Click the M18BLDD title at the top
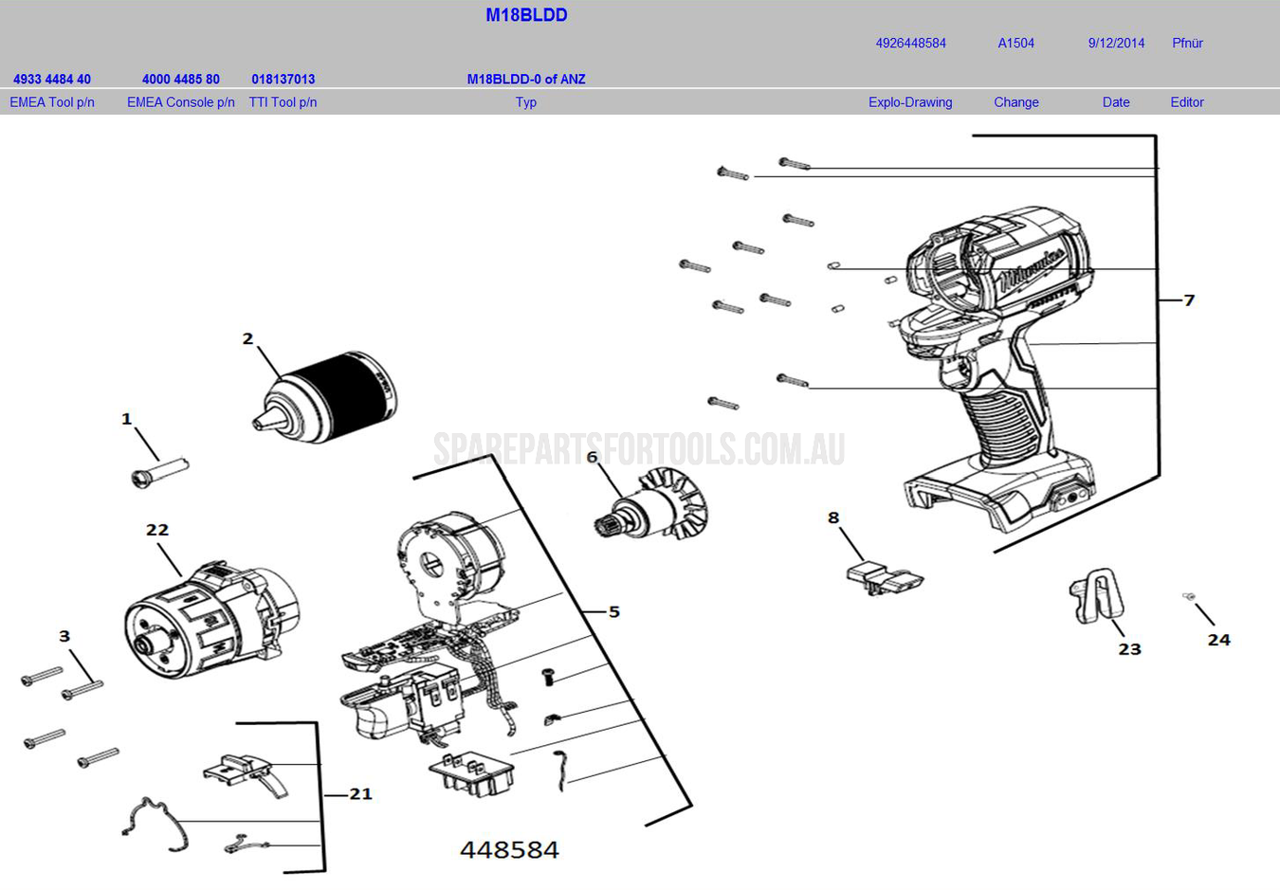[x=526, y=15]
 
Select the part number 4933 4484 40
[x=52, y=79]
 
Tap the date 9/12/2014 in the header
[x=1116, y=43]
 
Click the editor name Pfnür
[x=1187, y=43]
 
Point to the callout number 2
[x=247, y=338]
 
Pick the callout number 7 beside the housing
[x=1189, y=300]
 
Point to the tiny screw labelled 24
[x=1188, y=596]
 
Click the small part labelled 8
[x=883, y=576]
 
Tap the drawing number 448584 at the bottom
[x=509, y=849]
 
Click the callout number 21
[x=360, y=793]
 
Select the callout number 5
[x=614, y=612]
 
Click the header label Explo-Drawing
[x=910, y=102]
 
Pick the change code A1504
[x=1015, y=43]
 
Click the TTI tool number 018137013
[x=283, y=79]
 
